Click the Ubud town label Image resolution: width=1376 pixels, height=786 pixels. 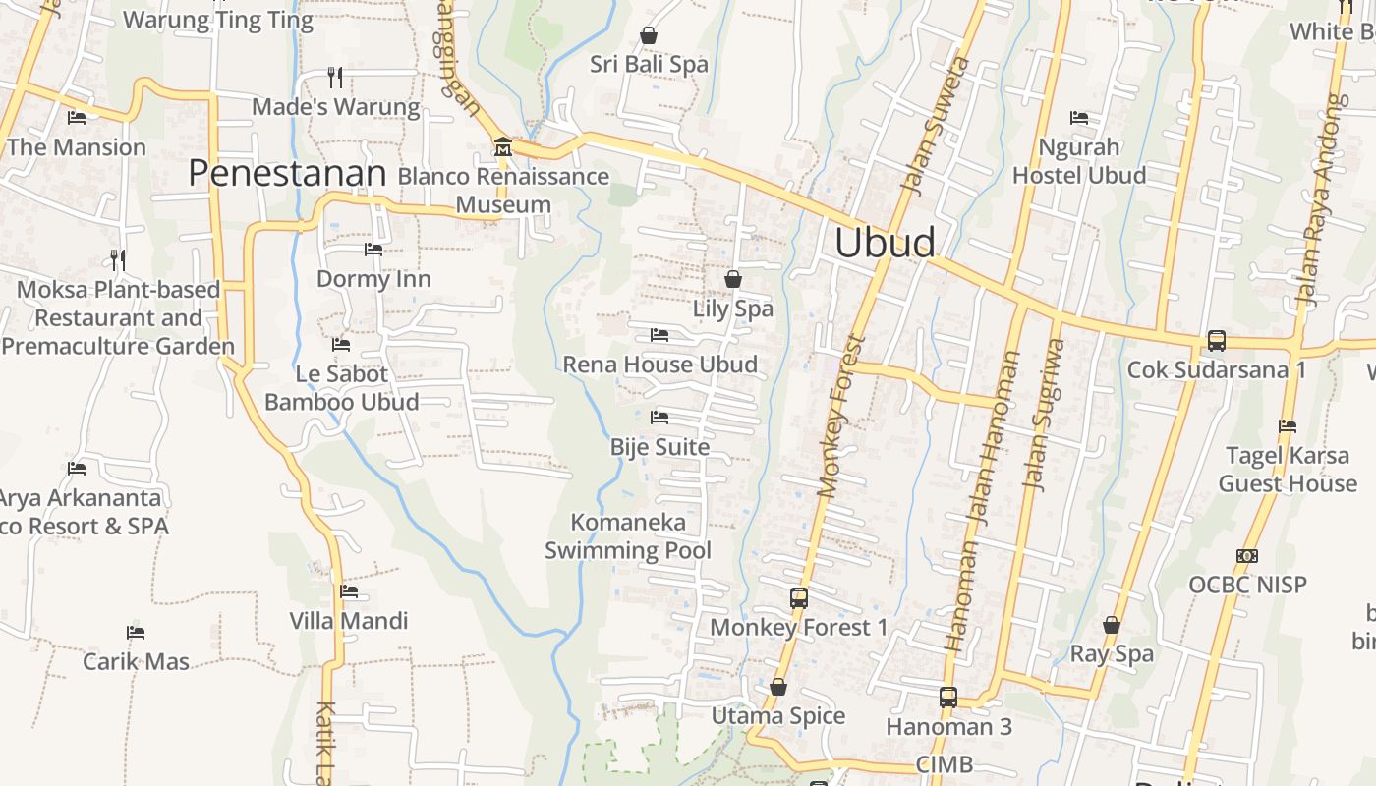tap(885, 243)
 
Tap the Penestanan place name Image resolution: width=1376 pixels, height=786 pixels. tap(286, 174)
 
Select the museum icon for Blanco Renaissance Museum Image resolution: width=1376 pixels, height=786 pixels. tap(503, 147)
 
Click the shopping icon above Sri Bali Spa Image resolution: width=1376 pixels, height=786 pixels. tap(649, 35)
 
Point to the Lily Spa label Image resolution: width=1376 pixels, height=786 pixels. tap(733, 309)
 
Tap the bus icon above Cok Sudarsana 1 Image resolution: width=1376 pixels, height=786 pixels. tap(1217, 341)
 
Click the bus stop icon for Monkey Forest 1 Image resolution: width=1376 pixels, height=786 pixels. tap(799, 597)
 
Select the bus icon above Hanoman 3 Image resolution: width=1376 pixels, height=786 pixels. tap(948, 698)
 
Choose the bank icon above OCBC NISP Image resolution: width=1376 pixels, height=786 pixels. tap(1247, 556)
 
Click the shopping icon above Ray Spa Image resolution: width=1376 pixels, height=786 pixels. tap(1112, 625)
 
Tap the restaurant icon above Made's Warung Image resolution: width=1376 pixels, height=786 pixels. tap(335, 77)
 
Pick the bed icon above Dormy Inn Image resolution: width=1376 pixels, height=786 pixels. tap(373, 250)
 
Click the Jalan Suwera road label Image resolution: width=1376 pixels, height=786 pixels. tap(936, 126)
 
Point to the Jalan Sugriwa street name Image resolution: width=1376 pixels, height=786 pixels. tap(1044, 414)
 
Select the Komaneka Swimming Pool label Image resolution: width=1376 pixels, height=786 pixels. tap(628, 535)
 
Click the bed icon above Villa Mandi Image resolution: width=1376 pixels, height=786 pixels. tap(349, 591)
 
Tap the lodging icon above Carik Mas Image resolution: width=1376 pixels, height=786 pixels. tap(136, 633)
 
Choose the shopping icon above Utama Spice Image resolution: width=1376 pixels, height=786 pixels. tap(778, 687)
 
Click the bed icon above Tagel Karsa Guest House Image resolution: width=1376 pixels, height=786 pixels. tap(1288, 426)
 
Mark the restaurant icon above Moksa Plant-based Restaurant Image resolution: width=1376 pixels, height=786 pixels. tap(118, 260)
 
